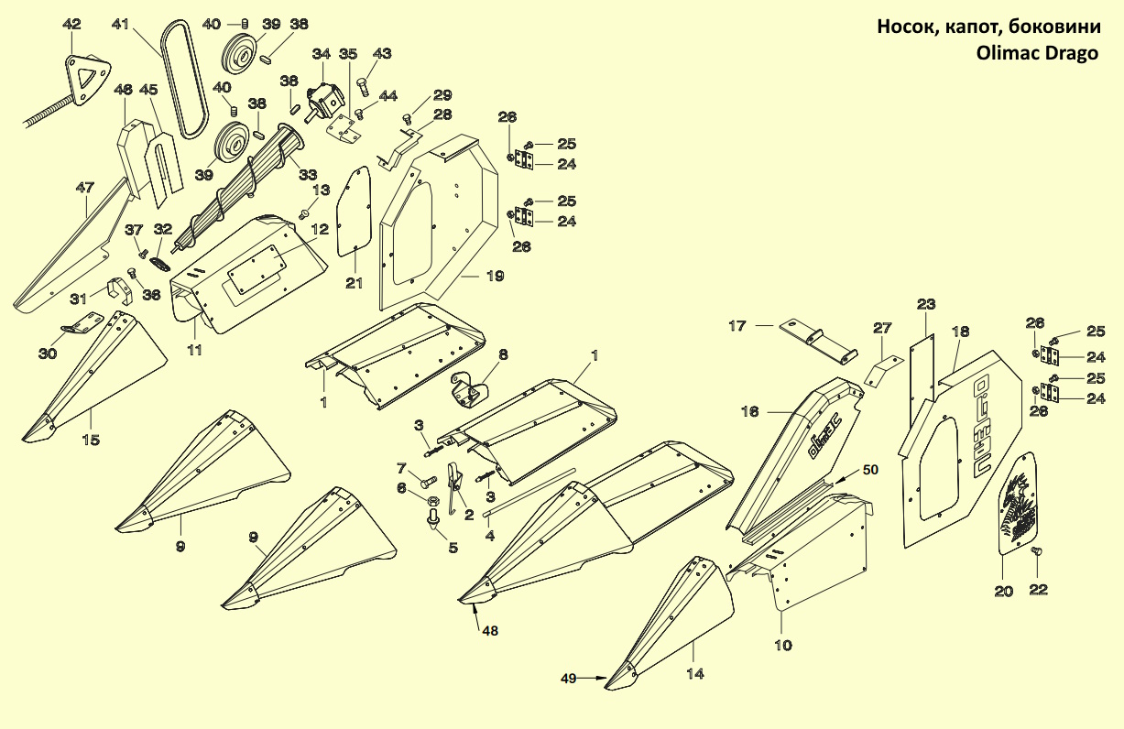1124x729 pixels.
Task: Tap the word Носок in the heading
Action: coord(907,26)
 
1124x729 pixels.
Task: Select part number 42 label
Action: coord(71,24)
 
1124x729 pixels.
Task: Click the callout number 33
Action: coord(308,175)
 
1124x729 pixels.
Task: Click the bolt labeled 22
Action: coord(1038,551)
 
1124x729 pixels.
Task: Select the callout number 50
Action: coord(869,469)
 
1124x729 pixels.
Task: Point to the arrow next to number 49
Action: coord(594,679)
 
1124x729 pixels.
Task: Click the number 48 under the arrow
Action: coord(491,631)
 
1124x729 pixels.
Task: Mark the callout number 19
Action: coord(495,276)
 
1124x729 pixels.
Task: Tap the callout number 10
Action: coord(782,646)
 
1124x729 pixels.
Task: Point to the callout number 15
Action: coord(90,441)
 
